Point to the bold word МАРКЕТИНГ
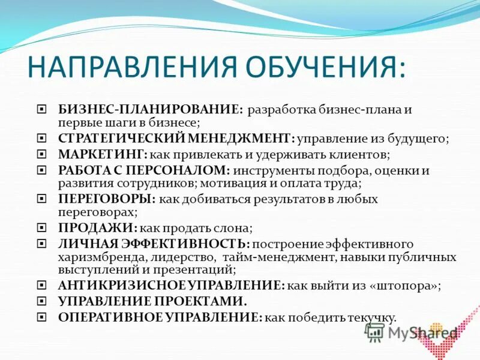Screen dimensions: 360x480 tap(103, 154)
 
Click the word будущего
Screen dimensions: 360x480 tap(421, 139)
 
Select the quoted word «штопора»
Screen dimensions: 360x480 tap(406, 286)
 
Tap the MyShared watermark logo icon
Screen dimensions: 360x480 tap(374, 332)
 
